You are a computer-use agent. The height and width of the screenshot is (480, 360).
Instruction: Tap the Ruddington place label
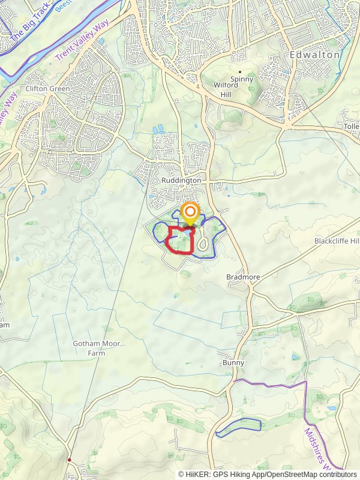click(x=181, y=180)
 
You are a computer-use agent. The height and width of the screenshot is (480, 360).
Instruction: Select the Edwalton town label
click(x=314, y=55)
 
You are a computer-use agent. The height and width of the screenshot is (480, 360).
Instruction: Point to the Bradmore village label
click(x=241, y=277)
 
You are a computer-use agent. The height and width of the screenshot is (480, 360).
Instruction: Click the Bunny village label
click(x=233, y=363)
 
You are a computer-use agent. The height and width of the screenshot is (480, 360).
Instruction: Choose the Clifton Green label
click(x=47, y=89)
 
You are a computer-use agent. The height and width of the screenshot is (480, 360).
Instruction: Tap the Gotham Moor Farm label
click(x=97, y=349)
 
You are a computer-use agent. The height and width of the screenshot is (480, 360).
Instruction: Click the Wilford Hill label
click(x=226, y=89)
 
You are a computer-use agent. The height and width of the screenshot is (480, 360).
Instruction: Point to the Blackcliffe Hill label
click(x=337, y=241)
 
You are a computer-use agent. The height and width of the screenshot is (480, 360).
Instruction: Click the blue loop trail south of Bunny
click(x=238, y=426)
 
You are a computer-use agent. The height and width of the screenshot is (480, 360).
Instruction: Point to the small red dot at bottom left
click(x=70, y=460)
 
